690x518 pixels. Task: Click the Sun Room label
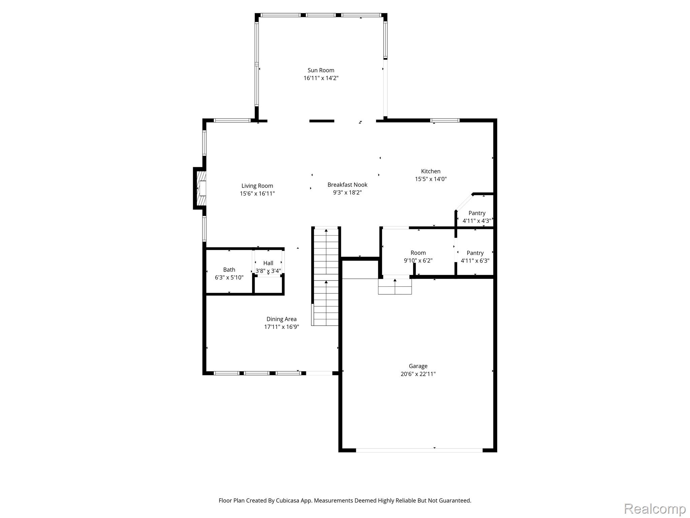[321, 70]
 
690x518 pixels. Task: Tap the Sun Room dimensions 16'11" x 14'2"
[321, 78]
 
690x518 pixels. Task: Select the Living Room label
[257, 186]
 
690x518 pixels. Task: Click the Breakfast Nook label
[347, 185]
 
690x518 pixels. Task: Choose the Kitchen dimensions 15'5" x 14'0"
[431, 179]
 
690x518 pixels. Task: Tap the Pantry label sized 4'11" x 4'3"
[477, 213]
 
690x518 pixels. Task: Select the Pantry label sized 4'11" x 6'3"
[475, 253]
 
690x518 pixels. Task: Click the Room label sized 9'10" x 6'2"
[418, 253]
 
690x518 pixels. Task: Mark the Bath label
[229, 270]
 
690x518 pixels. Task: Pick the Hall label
[268, 263]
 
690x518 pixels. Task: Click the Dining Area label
[281, 319]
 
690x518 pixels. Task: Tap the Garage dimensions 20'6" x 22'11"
[418, 374]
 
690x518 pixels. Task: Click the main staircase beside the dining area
[326, 277]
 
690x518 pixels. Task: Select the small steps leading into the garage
[395, 287]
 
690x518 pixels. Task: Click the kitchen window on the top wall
[445, 120]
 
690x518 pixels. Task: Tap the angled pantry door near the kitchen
[464, 202]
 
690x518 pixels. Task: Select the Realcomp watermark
[655, 509]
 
